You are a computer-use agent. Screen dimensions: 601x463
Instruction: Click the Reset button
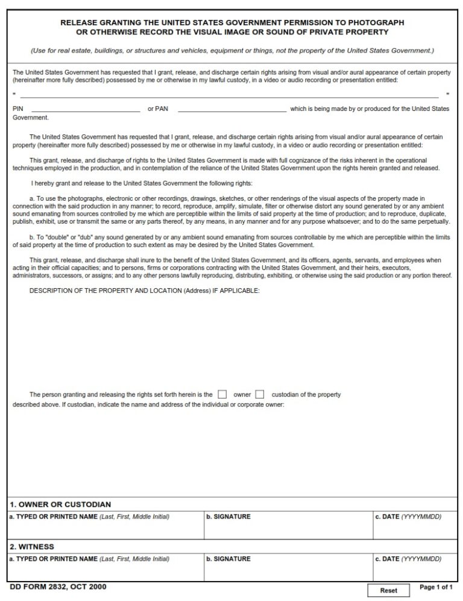(x=388, y=590)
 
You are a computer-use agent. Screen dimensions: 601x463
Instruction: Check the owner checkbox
(x=222, y=394)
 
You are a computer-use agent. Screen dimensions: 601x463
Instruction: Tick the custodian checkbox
(x=260, y=394)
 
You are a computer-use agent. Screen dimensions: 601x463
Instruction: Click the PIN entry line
(x=85, y=109)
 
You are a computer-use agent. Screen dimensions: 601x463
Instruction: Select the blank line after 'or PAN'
(x=232, y=109)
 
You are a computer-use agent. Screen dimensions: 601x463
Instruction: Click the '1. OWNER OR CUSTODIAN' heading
(x=60, y=505)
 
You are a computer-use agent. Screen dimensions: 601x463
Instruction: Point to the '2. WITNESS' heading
(x=32, y=547)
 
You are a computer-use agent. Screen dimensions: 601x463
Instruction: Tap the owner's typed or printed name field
(x=106, y=528)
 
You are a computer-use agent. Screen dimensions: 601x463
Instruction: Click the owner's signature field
(x=288, y=528)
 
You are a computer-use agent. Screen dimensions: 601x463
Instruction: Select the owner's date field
(x=415, y=528)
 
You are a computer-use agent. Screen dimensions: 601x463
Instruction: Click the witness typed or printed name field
(x=106, y=570)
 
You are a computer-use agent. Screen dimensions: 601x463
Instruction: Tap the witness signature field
(x=288, y=570)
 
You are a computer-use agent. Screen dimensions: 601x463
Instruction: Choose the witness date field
(x=415, y=570)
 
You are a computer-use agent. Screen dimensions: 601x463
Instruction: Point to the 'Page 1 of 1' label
(x=436, y=587)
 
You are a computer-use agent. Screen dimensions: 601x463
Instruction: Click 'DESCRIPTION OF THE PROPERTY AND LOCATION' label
(x=145, y=291)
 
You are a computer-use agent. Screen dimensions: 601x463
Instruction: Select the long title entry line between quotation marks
(x=229, y=95)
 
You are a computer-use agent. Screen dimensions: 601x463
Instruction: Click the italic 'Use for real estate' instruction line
(x=232, y=51)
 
